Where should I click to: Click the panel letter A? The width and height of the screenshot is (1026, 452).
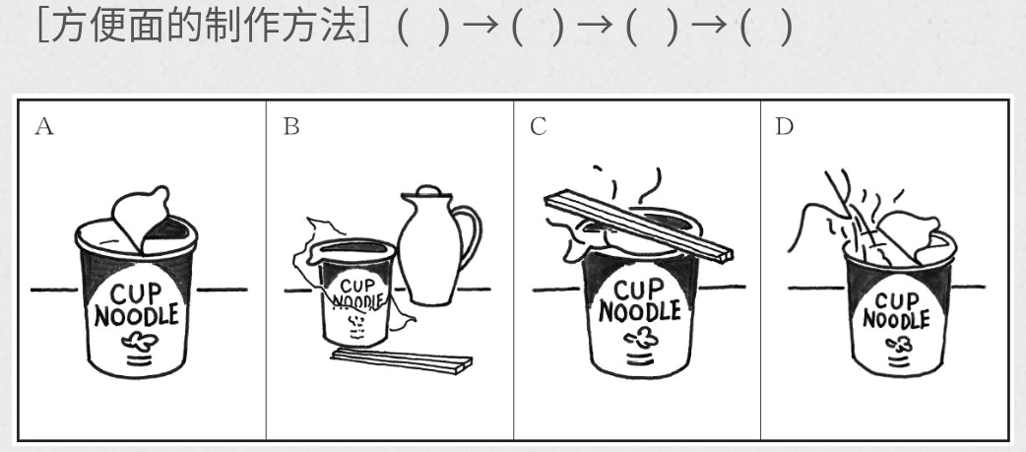(44, 126)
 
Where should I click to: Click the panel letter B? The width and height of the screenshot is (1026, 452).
(291, 126)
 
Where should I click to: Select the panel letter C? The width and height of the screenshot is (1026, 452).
(538, 126)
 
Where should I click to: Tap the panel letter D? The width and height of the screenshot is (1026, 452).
(784, 126)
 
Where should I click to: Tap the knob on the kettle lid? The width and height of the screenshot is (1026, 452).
(426, 190)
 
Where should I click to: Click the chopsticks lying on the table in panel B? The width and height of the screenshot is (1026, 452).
(402, 360)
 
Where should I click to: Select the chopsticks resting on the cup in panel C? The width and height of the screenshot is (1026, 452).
(638, 226)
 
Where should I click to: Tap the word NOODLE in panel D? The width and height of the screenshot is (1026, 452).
(896, 319)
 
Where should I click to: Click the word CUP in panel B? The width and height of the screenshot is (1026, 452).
(357, 286)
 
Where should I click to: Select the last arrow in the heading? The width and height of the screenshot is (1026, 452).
(709, 26)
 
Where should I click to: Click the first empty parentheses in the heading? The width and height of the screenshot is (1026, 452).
(424, 28)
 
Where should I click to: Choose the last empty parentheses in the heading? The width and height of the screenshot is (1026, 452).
(766, 28)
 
